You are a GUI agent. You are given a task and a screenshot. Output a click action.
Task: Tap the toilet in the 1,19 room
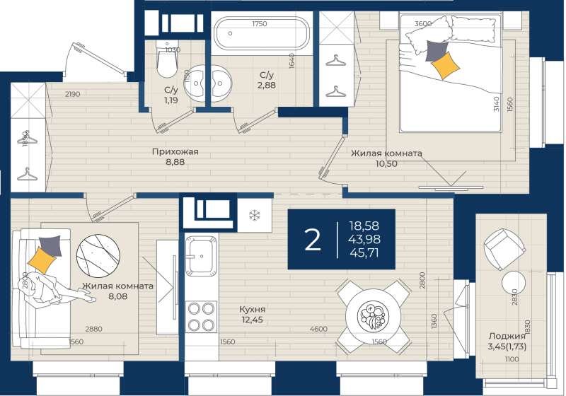(168, 65)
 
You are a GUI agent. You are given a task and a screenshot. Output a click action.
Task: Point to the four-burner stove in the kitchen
(201, 316)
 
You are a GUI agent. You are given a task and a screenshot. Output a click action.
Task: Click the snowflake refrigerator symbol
(253, 215)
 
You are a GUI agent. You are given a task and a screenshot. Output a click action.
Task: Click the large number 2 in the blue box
(312, 240)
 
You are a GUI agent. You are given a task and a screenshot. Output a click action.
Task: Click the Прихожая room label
(175, 151)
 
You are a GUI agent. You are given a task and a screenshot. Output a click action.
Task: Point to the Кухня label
(252, 310)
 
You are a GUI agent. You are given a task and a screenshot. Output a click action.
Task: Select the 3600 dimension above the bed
(422, 23)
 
